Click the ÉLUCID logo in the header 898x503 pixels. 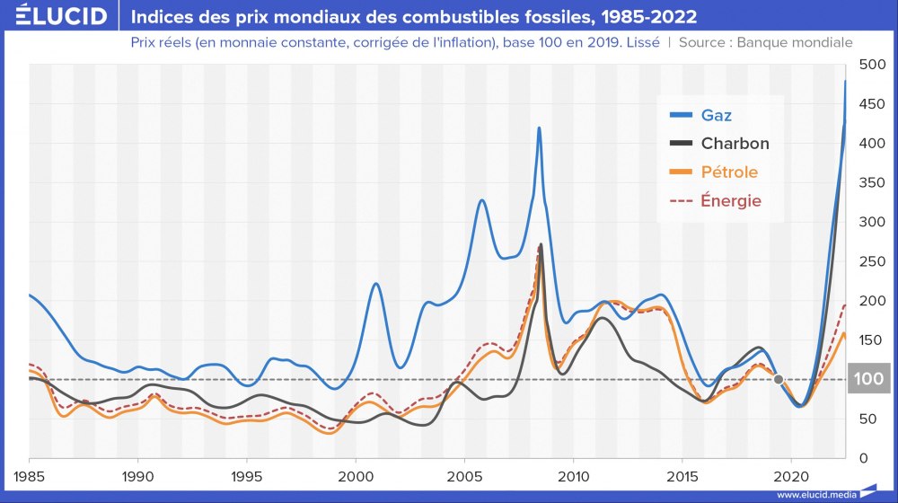(x=55, y=17)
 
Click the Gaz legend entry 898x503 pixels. (x=716, y=115)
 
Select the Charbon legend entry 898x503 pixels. (x=735, y=144)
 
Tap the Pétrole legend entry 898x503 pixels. (x=729, y=172)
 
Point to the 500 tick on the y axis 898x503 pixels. (x=872, y=65)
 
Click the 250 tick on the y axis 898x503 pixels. (x=872, y=261)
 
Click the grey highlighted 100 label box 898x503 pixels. (x=868, y=379)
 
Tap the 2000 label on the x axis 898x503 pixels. (x=356, y=473)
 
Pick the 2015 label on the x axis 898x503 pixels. (x=682, y=473)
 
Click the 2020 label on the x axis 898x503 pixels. (x=791, y=473)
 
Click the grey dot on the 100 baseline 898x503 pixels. (x=779, y=379)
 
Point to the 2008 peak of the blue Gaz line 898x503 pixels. (x=539, y=128)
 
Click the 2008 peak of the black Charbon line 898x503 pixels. (x=541, y=245)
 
